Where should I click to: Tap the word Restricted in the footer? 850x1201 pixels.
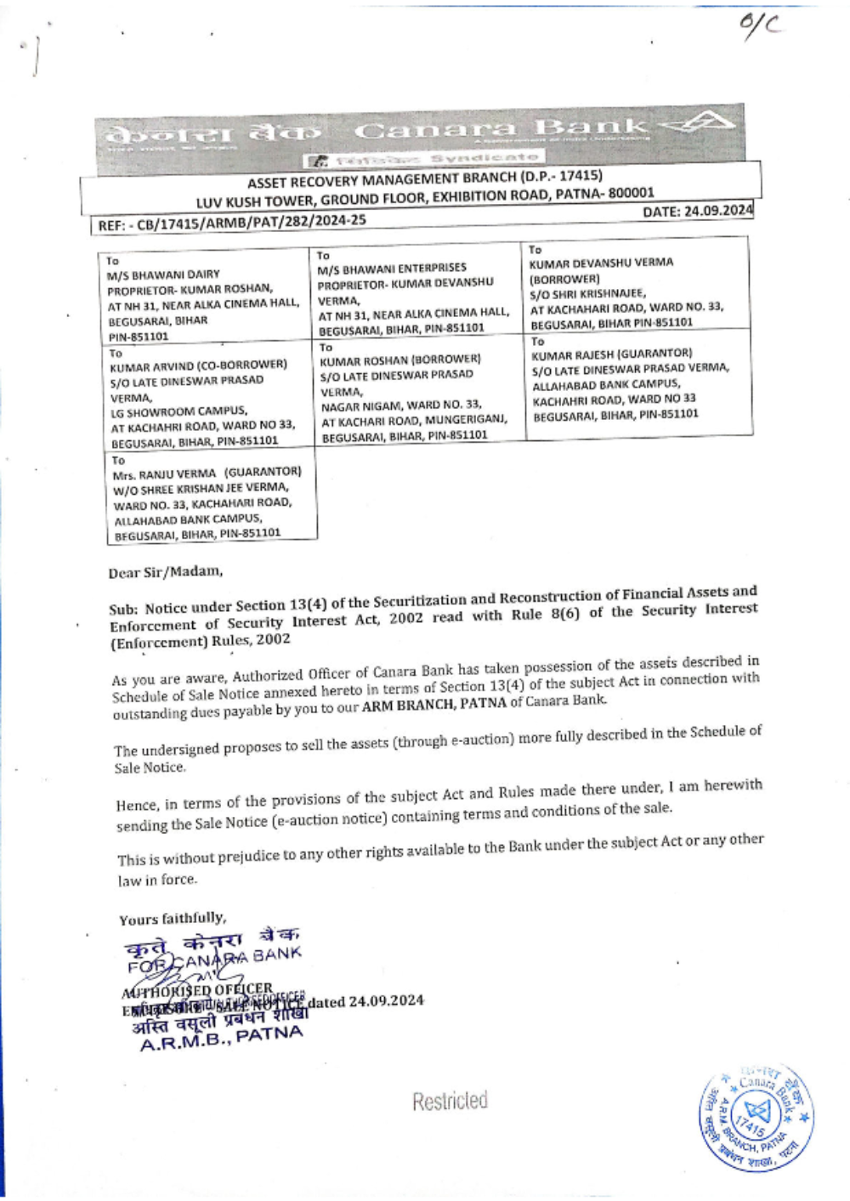(450, 1102)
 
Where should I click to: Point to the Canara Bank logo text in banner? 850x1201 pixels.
(501, 130)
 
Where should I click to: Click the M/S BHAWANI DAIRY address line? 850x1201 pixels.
(163, 275)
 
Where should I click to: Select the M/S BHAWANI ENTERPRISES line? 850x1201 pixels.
(392, 269)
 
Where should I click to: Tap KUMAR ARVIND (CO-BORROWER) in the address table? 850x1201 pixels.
(198, 365)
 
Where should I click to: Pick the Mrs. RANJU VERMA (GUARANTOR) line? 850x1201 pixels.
(207, 473)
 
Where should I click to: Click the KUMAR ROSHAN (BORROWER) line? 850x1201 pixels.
(400, 360)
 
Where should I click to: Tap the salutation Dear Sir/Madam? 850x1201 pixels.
(166, 572)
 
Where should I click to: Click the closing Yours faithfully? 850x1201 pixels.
(173, 919)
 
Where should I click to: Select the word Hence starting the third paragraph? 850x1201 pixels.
(136, 804)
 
